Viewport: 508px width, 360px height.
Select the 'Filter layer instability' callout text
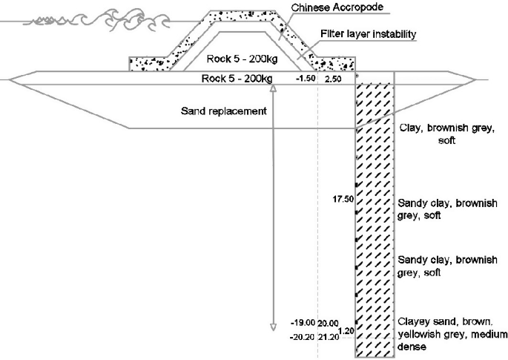pos(367,33)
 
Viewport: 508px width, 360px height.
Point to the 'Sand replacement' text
pos(219,111)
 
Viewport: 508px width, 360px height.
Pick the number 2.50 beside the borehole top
pos(331,78)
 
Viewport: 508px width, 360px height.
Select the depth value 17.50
pos(346,199)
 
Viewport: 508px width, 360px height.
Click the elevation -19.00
pos(304,324)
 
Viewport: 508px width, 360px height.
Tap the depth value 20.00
pos(329,324)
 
